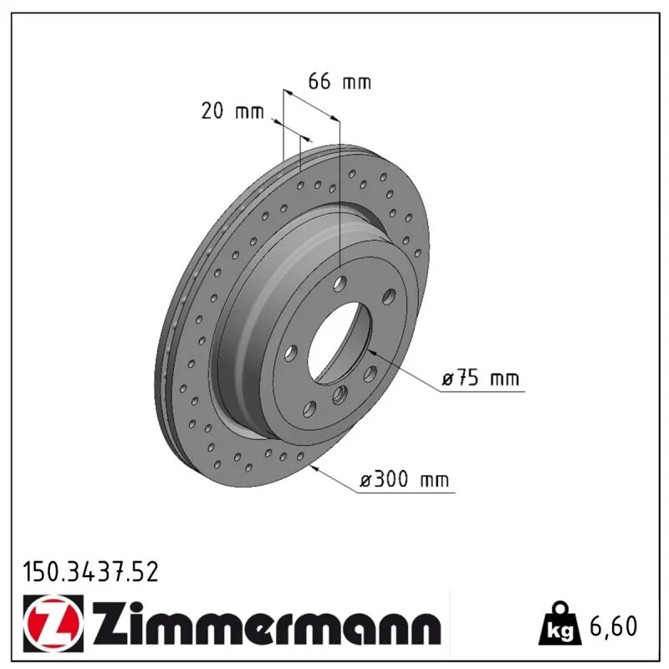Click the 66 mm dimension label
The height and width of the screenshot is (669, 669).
(340, 81)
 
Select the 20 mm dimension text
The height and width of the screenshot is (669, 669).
(232, 111)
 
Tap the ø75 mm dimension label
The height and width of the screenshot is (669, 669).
(480, 378)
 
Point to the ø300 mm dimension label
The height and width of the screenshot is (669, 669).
(405, 479)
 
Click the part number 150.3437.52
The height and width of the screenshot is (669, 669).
(90, 572)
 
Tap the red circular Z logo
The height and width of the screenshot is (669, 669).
(54, 623)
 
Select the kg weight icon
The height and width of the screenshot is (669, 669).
(559, 624)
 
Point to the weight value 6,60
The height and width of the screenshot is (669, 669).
(613, 626)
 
